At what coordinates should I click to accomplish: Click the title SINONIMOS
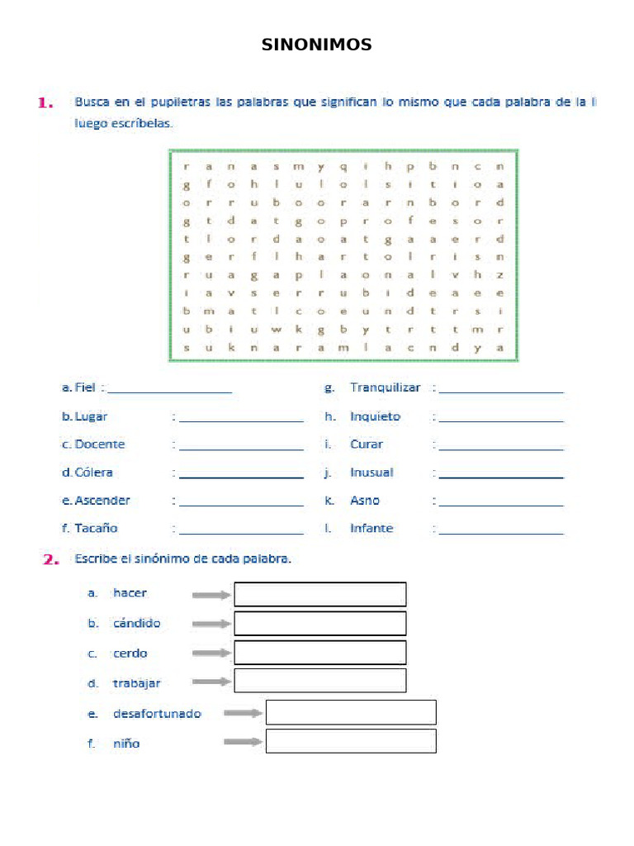tap(317, 45)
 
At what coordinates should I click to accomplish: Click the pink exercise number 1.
tap(45, 103)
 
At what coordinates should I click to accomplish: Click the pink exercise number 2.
tap(51, 559)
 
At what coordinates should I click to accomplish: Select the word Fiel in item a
tap(85, 387)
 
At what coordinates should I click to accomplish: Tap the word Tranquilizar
tap(385, 387)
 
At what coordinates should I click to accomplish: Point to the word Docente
tap(100, 444)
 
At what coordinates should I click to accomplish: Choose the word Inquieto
tap(375, 416)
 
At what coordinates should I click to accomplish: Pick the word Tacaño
tap(97, 528)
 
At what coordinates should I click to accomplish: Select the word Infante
tap(371, 528)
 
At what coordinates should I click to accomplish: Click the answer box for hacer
tap(320, 594)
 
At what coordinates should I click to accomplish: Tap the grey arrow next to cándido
tap(211, 624)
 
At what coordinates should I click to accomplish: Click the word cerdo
tap(130, 654)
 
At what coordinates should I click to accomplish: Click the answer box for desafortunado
tap(351, 712)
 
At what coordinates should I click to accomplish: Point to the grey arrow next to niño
tap(243, 742)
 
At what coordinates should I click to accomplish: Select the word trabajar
tap(137, 683)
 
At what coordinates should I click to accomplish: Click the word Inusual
tap(371, 473)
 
